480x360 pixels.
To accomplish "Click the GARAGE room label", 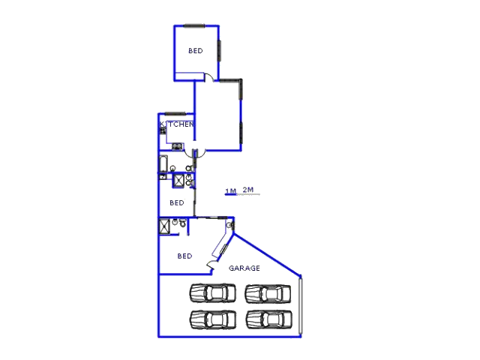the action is pos(244,268).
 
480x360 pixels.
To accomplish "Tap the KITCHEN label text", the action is pos(177,124).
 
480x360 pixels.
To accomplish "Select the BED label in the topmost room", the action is pos(195,51).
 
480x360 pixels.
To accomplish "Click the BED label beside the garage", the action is pos(184,256).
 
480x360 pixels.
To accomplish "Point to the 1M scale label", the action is pos(230,191).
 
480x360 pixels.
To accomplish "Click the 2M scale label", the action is pos(248,190).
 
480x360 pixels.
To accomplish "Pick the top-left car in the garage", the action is pos(213,293).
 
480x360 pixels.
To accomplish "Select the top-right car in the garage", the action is pos(268,294).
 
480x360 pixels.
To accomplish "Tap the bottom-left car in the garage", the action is pos(213,319).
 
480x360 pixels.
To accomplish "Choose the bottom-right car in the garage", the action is pos(268,320).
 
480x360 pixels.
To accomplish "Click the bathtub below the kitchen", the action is pos(163,163).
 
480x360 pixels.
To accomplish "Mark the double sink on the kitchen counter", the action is pos(177,146).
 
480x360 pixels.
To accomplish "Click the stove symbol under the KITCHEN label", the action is pos(163,131).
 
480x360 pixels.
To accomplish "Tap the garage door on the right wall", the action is pos(301,305).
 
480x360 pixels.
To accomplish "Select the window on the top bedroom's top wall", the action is pos(194,25).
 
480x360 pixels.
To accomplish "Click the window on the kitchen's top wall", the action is pos(175,114).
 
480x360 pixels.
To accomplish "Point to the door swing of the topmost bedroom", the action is pos(209,77).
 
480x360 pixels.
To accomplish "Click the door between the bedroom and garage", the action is pos(211,265).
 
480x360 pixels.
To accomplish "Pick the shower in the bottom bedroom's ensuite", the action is pos(164,226).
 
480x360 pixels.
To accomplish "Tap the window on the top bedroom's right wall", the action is pos(219,50).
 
